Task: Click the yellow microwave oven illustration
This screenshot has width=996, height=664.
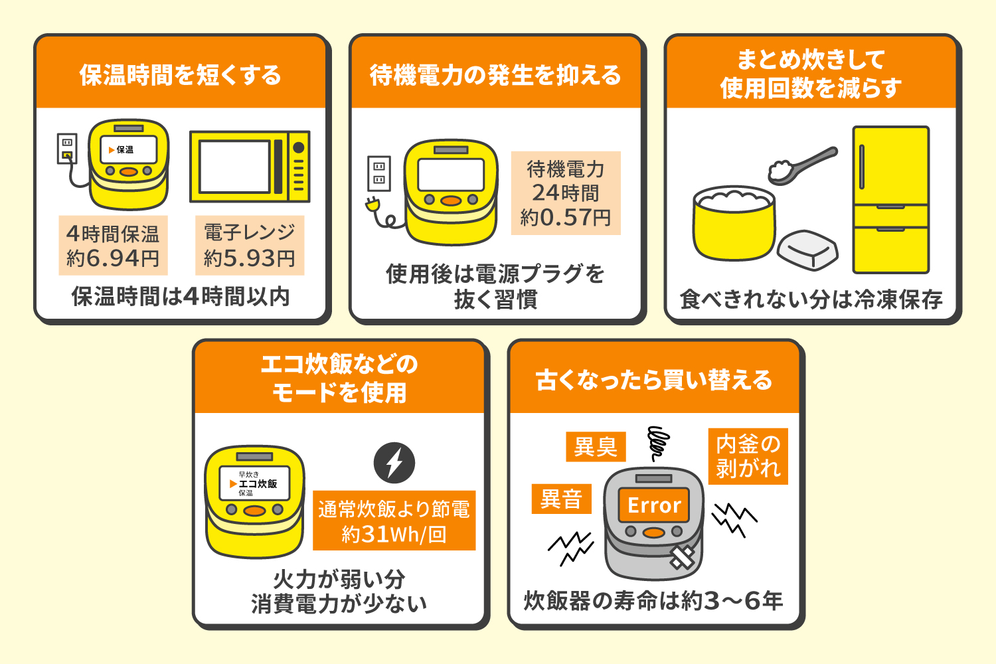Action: tap(250, 167)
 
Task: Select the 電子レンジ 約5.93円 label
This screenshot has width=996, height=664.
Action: tap(250, 246)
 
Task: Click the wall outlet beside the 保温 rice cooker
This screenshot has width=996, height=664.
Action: tap(67, 149)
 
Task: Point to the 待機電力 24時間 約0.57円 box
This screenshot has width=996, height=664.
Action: tap(566, 193)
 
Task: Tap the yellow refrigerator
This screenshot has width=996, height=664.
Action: tap(890, 200)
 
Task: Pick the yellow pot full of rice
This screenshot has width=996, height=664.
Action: tap(734, 224)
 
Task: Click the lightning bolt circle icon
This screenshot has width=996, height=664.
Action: tap(394, 463)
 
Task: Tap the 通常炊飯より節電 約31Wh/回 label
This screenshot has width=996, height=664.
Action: tap(394, 521)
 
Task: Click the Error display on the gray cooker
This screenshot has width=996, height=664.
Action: tap(654, 505)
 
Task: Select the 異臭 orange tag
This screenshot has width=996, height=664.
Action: tap(596, 447)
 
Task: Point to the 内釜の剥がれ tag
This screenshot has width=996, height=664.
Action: tap(748, 456)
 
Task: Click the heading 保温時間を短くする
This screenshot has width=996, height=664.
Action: tap(181, 75)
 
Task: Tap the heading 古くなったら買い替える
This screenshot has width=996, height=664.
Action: tap(655, 380)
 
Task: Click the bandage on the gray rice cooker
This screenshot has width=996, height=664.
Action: tap(682, 557)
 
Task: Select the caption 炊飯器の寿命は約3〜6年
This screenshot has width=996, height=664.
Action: tap(654, 601)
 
